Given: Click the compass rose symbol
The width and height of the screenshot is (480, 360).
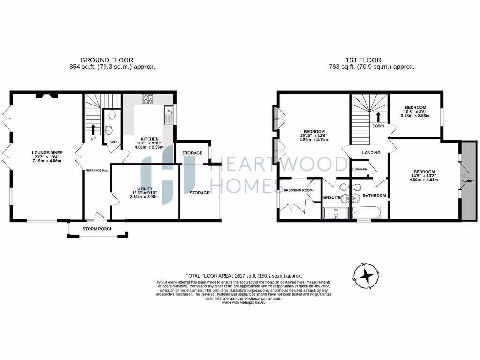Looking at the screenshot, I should [366, 276].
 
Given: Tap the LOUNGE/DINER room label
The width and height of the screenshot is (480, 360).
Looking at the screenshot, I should [47, 152].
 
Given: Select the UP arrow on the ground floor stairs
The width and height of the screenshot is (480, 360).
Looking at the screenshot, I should [93, 129].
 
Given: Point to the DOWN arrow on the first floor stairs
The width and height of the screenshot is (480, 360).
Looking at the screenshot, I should [378, 117].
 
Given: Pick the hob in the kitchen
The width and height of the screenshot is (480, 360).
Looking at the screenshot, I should [148, 98].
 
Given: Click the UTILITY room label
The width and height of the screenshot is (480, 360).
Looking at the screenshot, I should [144, 188].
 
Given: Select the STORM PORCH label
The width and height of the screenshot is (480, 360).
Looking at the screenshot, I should [97, 229].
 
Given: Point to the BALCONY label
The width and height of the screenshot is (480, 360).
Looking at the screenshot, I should [467, 181].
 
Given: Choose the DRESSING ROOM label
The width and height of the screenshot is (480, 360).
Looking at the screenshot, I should [298, 190].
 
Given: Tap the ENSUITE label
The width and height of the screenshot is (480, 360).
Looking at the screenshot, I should [331, 198].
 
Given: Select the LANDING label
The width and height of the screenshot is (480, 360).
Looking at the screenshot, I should [371, 153].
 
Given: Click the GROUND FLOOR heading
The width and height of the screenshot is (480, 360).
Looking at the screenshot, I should [107, 60].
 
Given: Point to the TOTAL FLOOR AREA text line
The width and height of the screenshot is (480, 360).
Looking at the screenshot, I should [244, 276].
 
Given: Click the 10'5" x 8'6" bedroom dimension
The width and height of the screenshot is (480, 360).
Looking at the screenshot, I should [415, 112].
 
